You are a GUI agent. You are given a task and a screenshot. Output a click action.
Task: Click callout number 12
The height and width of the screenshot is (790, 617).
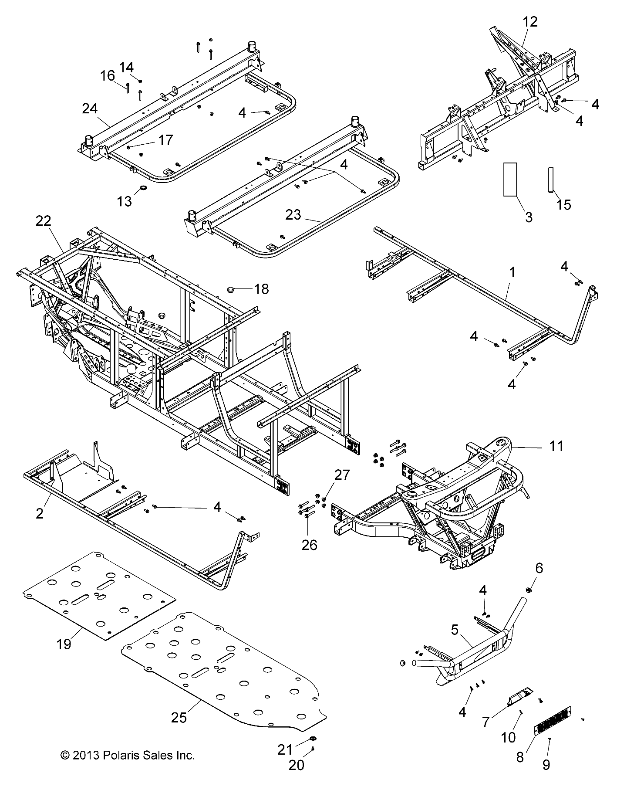coord(530,22)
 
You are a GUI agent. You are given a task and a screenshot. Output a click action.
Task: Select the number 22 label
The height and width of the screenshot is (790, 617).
coord(44,221)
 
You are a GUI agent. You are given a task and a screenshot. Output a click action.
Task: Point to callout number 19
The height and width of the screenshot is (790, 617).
coord(64,644)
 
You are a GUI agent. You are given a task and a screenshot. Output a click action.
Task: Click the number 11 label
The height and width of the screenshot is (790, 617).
coord(556,446)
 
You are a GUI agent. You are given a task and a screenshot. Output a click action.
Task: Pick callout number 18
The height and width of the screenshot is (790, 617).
coord(261,289)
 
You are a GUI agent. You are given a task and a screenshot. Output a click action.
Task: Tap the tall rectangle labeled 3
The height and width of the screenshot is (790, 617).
coord(510,179)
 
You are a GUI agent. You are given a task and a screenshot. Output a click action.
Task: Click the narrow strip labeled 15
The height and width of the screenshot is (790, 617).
coord(550,180)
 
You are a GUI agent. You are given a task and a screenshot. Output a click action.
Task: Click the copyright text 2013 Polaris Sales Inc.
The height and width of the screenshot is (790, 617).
coord(127,755)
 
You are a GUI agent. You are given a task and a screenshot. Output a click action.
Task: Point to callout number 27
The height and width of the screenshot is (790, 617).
coord(342,475)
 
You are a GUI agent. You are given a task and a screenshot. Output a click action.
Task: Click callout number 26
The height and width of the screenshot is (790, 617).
coord(310,545)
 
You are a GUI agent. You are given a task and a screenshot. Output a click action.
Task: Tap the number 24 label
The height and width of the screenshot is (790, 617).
coord(90,108)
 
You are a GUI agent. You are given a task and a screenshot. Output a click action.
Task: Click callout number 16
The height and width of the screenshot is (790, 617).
coord(107,76)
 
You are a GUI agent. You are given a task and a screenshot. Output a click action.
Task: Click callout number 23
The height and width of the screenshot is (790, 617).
coord(293,215)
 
